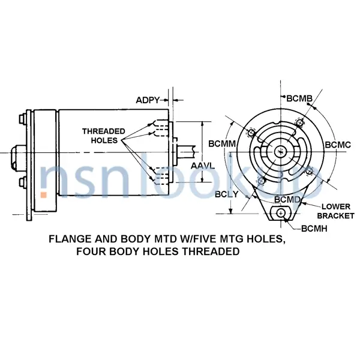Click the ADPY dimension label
pyautogui.click(x=148, y=100)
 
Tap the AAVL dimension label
pyautogui.click(x=203, y=166)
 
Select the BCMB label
pyautogui.click(x=299, y=98)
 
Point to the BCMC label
pyautogui.click(x=338, y=145)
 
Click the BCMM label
pyautogui.click(x=222, y=144)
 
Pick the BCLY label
pyautogui.click(x=227, y=194)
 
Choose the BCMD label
pyautogui.click(x=287, y=200)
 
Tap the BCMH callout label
pyautogui.click(x=314, y=229)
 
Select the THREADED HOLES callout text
pyautogui.click(x=104, y=136)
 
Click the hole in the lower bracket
pyautogui.click(x=281, y=214)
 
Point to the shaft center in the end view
pyautogui.click(x=281, y=152)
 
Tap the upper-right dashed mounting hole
pyautogui.click(x=299, y=123)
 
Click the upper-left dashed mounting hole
pyautogui.click(x=251, y=133)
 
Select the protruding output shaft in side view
pyautogui.click(x=186, y=152)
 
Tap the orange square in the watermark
pyautogui.click(x=44, y=195)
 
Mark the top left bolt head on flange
pyautogui.click(x=22, y=119)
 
